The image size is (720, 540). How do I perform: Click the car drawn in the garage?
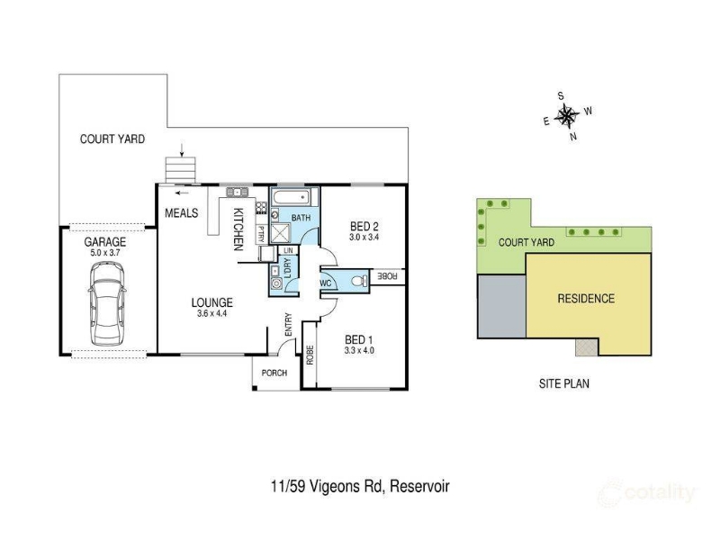(106, 303)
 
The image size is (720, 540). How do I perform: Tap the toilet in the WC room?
(359, 280)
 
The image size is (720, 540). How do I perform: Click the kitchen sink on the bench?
(237, 192)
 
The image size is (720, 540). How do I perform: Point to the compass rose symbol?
(567, 116)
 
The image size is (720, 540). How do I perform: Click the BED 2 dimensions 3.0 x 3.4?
(364, 238)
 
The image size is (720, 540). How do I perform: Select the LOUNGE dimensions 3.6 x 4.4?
(211, 313)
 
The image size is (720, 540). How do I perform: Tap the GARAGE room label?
(104, 241)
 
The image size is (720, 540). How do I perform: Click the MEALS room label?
(182, 212)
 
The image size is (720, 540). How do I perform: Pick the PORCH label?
(274, 373)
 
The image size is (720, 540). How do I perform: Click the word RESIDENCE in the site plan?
(586, 299)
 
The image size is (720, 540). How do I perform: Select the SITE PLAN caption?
(564, 383)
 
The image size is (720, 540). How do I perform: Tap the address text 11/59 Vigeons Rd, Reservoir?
(361, 486)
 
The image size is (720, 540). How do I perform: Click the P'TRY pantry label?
(261, 234)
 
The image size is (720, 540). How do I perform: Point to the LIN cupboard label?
(288, 250)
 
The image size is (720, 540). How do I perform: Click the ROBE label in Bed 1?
(310, 355)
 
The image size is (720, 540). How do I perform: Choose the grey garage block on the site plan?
(502, 306)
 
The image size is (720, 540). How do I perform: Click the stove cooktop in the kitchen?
(262, 208)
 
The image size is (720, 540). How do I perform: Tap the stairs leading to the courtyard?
(181, 170)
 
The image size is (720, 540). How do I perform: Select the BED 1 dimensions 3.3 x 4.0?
(359, 350)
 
